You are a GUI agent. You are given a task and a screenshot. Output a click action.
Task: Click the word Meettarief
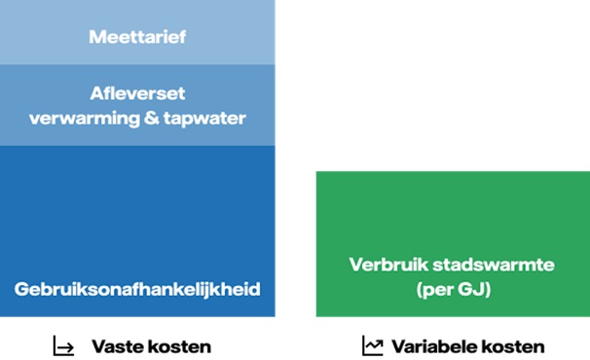(x=136, y=38)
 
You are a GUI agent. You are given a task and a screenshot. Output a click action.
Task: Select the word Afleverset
(x=136, y=95)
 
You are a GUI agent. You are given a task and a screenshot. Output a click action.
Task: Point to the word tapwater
(x=202, y=119)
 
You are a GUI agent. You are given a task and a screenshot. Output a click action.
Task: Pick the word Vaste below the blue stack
(x=116, y=346)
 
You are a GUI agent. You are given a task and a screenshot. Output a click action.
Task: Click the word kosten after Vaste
(x=177, y=346)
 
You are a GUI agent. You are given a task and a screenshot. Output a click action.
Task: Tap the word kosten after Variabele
(x=511, y=346)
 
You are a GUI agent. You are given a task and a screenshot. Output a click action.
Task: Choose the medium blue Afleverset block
(x=136, y=136)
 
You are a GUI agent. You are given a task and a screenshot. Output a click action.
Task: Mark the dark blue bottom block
(x=136, y=214)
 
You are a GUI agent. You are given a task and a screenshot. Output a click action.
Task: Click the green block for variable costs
(x=452, y=214)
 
